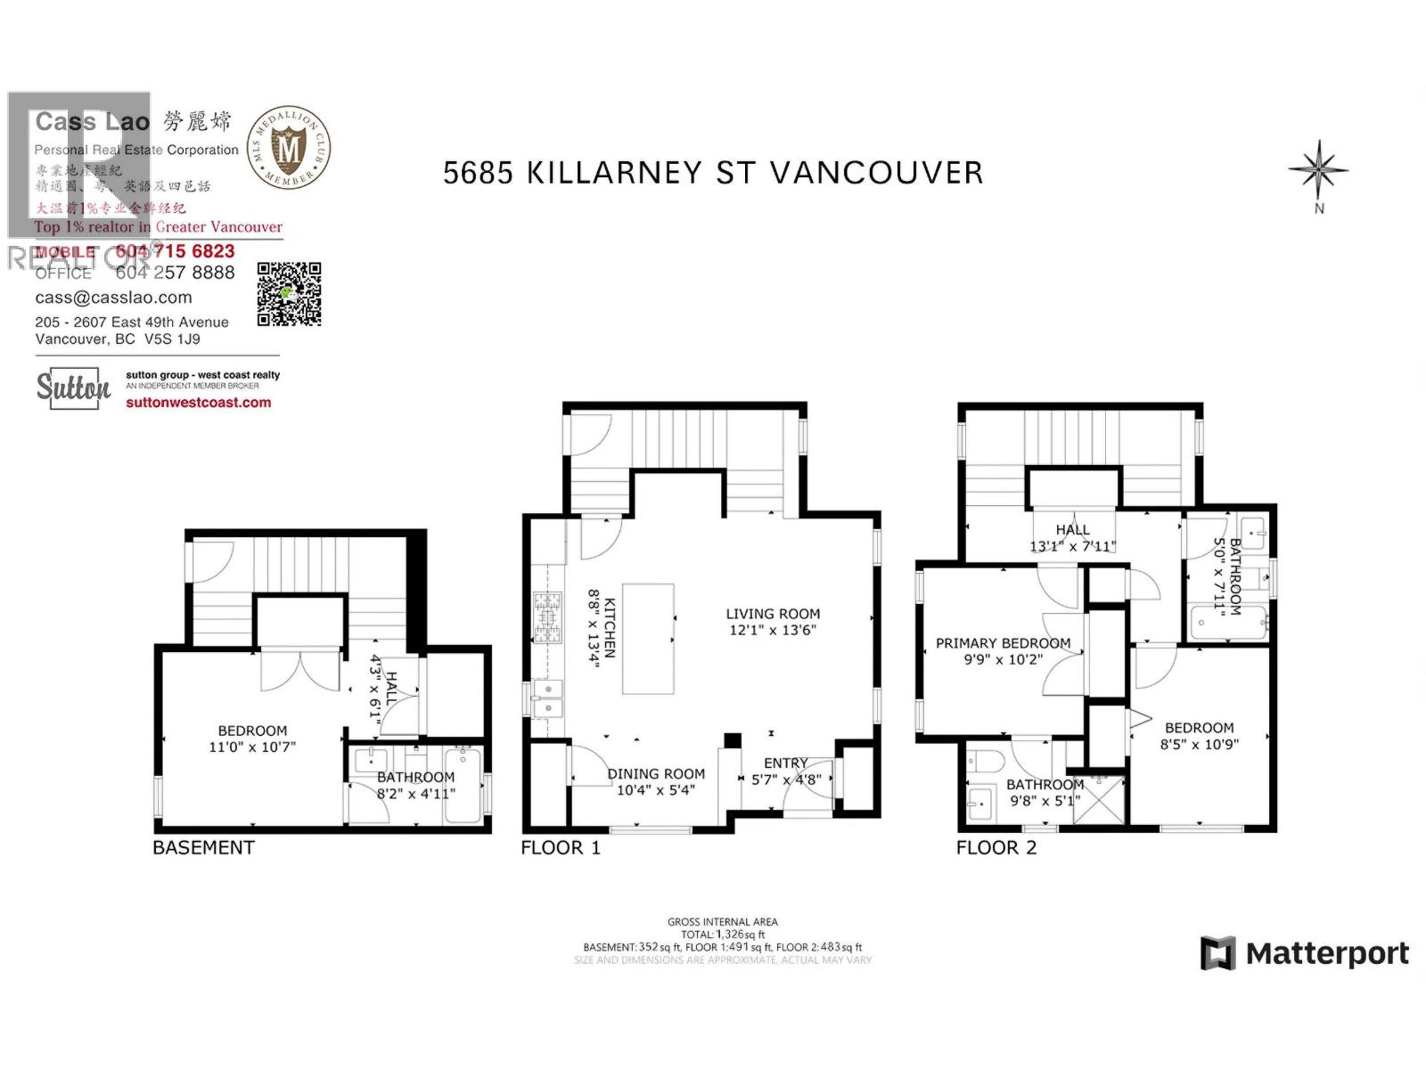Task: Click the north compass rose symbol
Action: [x=1318, y=169]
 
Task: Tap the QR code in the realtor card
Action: [x=289, y=294]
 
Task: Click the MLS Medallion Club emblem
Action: [x=288, y=148]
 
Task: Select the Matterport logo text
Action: [x=1326, y=954]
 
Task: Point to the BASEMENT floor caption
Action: [x=203, y=848]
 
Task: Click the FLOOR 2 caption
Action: [x=996, y=848]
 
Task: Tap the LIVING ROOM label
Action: [x=773, y=614]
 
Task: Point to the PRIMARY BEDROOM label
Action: [x=1003, y=643]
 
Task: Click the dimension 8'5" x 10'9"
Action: [x=1199, y=745]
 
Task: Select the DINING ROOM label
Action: [x=656, y=774]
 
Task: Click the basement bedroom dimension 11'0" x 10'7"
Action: [x=252, y=747]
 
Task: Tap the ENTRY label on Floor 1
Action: [x=785, y=763]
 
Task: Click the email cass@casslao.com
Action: [x=113, y=298]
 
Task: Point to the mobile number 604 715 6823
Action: [x=175, y=252]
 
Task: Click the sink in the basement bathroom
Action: [x=367, y=761]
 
